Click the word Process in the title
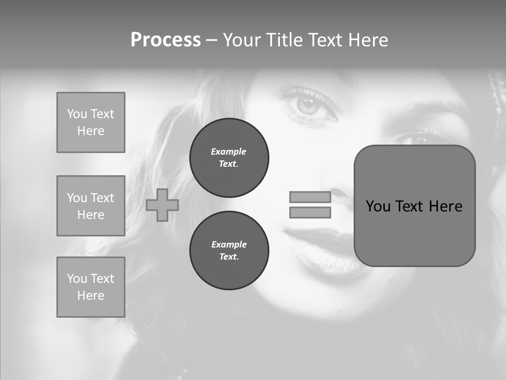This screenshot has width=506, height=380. coord(166,40)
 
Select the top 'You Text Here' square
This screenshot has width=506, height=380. coord(91,122)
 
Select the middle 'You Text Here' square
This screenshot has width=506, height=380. coord(91,206)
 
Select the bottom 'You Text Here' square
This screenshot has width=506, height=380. coord(91,287)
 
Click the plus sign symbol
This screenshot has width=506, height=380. coord(162,205)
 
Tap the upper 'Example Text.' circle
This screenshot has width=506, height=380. coord(229,158)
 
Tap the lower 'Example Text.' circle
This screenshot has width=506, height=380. coord(229,251)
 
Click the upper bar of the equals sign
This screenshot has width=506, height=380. coord(310,197)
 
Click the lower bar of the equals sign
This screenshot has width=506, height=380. coord(310,213)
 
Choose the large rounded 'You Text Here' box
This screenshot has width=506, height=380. coord(414,206)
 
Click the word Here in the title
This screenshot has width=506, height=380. coord(367,40)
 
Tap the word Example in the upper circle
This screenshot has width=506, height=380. coord(229,151)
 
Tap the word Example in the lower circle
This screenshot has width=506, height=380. coord(229,244)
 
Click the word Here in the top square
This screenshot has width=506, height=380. coord(91,131)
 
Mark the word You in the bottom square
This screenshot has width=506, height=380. coord(76,279)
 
